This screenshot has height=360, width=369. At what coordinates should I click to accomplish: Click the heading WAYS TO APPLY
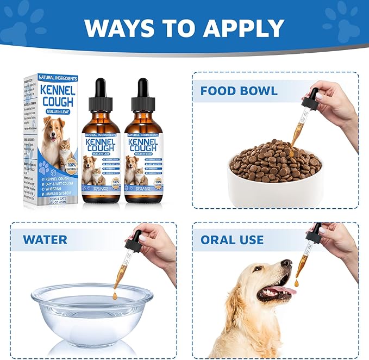tap(184, 28)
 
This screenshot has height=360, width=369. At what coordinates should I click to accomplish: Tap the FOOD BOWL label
tap(239, 90)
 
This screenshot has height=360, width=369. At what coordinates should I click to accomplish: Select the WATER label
tap(45, 239)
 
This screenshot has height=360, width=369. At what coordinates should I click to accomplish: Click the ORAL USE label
tap(232, 239)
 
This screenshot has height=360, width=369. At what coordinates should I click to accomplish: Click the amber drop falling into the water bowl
tap(115, 295)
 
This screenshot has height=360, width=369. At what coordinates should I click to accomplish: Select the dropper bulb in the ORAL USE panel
tap(314, 232)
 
